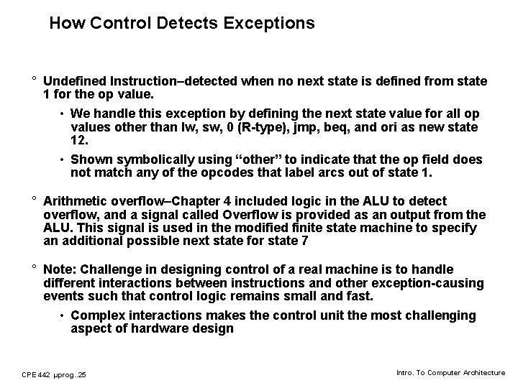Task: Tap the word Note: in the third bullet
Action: (60, 269)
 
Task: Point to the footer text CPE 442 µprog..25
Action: (54, 374)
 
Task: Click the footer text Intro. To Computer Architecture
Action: (451, 372)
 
